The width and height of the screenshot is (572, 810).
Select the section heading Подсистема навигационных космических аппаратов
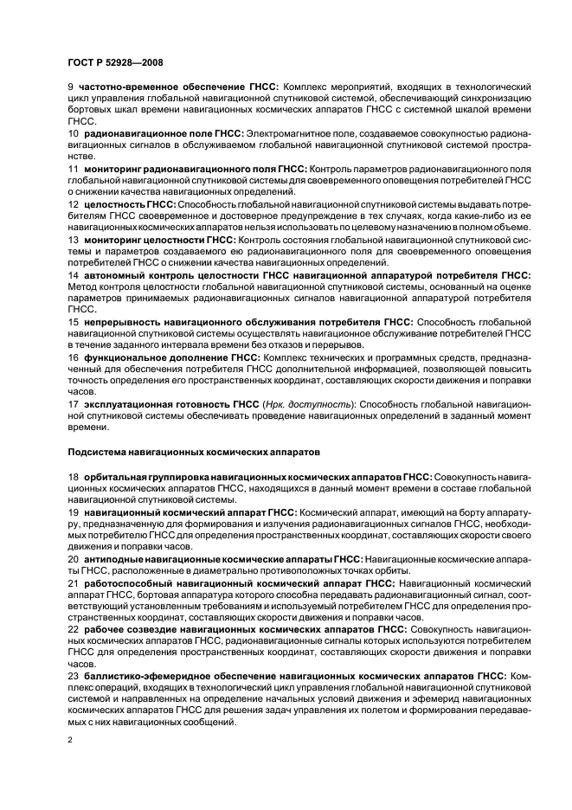tap(194, 451)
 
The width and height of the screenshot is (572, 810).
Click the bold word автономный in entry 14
tap(113, 273)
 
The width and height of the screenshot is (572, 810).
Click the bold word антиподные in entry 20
tap(115, 559)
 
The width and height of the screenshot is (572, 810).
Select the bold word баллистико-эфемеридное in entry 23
tap(144, 675)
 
